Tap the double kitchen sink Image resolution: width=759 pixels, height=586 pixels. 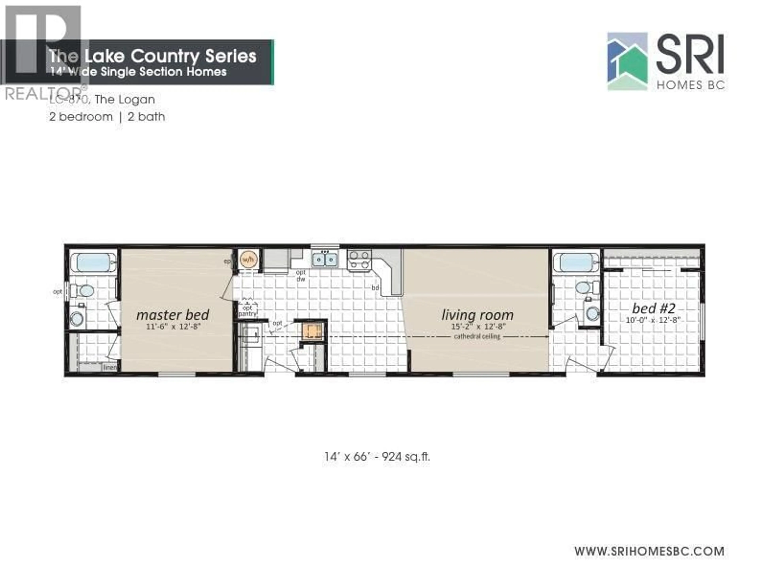tap(325, 259)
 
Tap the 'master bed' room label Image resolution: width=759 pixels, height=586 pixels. tap(173, 315)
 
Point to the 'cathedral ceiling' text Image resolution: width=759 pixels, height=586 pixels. tap(477, 336)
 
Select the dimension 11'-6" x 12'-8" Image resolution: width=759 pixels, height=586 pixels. tap(173, 326)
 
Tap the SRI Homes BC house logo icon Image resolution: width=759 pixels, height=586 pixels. tap(627, 61)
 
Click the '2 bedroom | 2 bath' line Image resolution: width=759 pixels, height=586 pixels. tap(107, 117)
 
